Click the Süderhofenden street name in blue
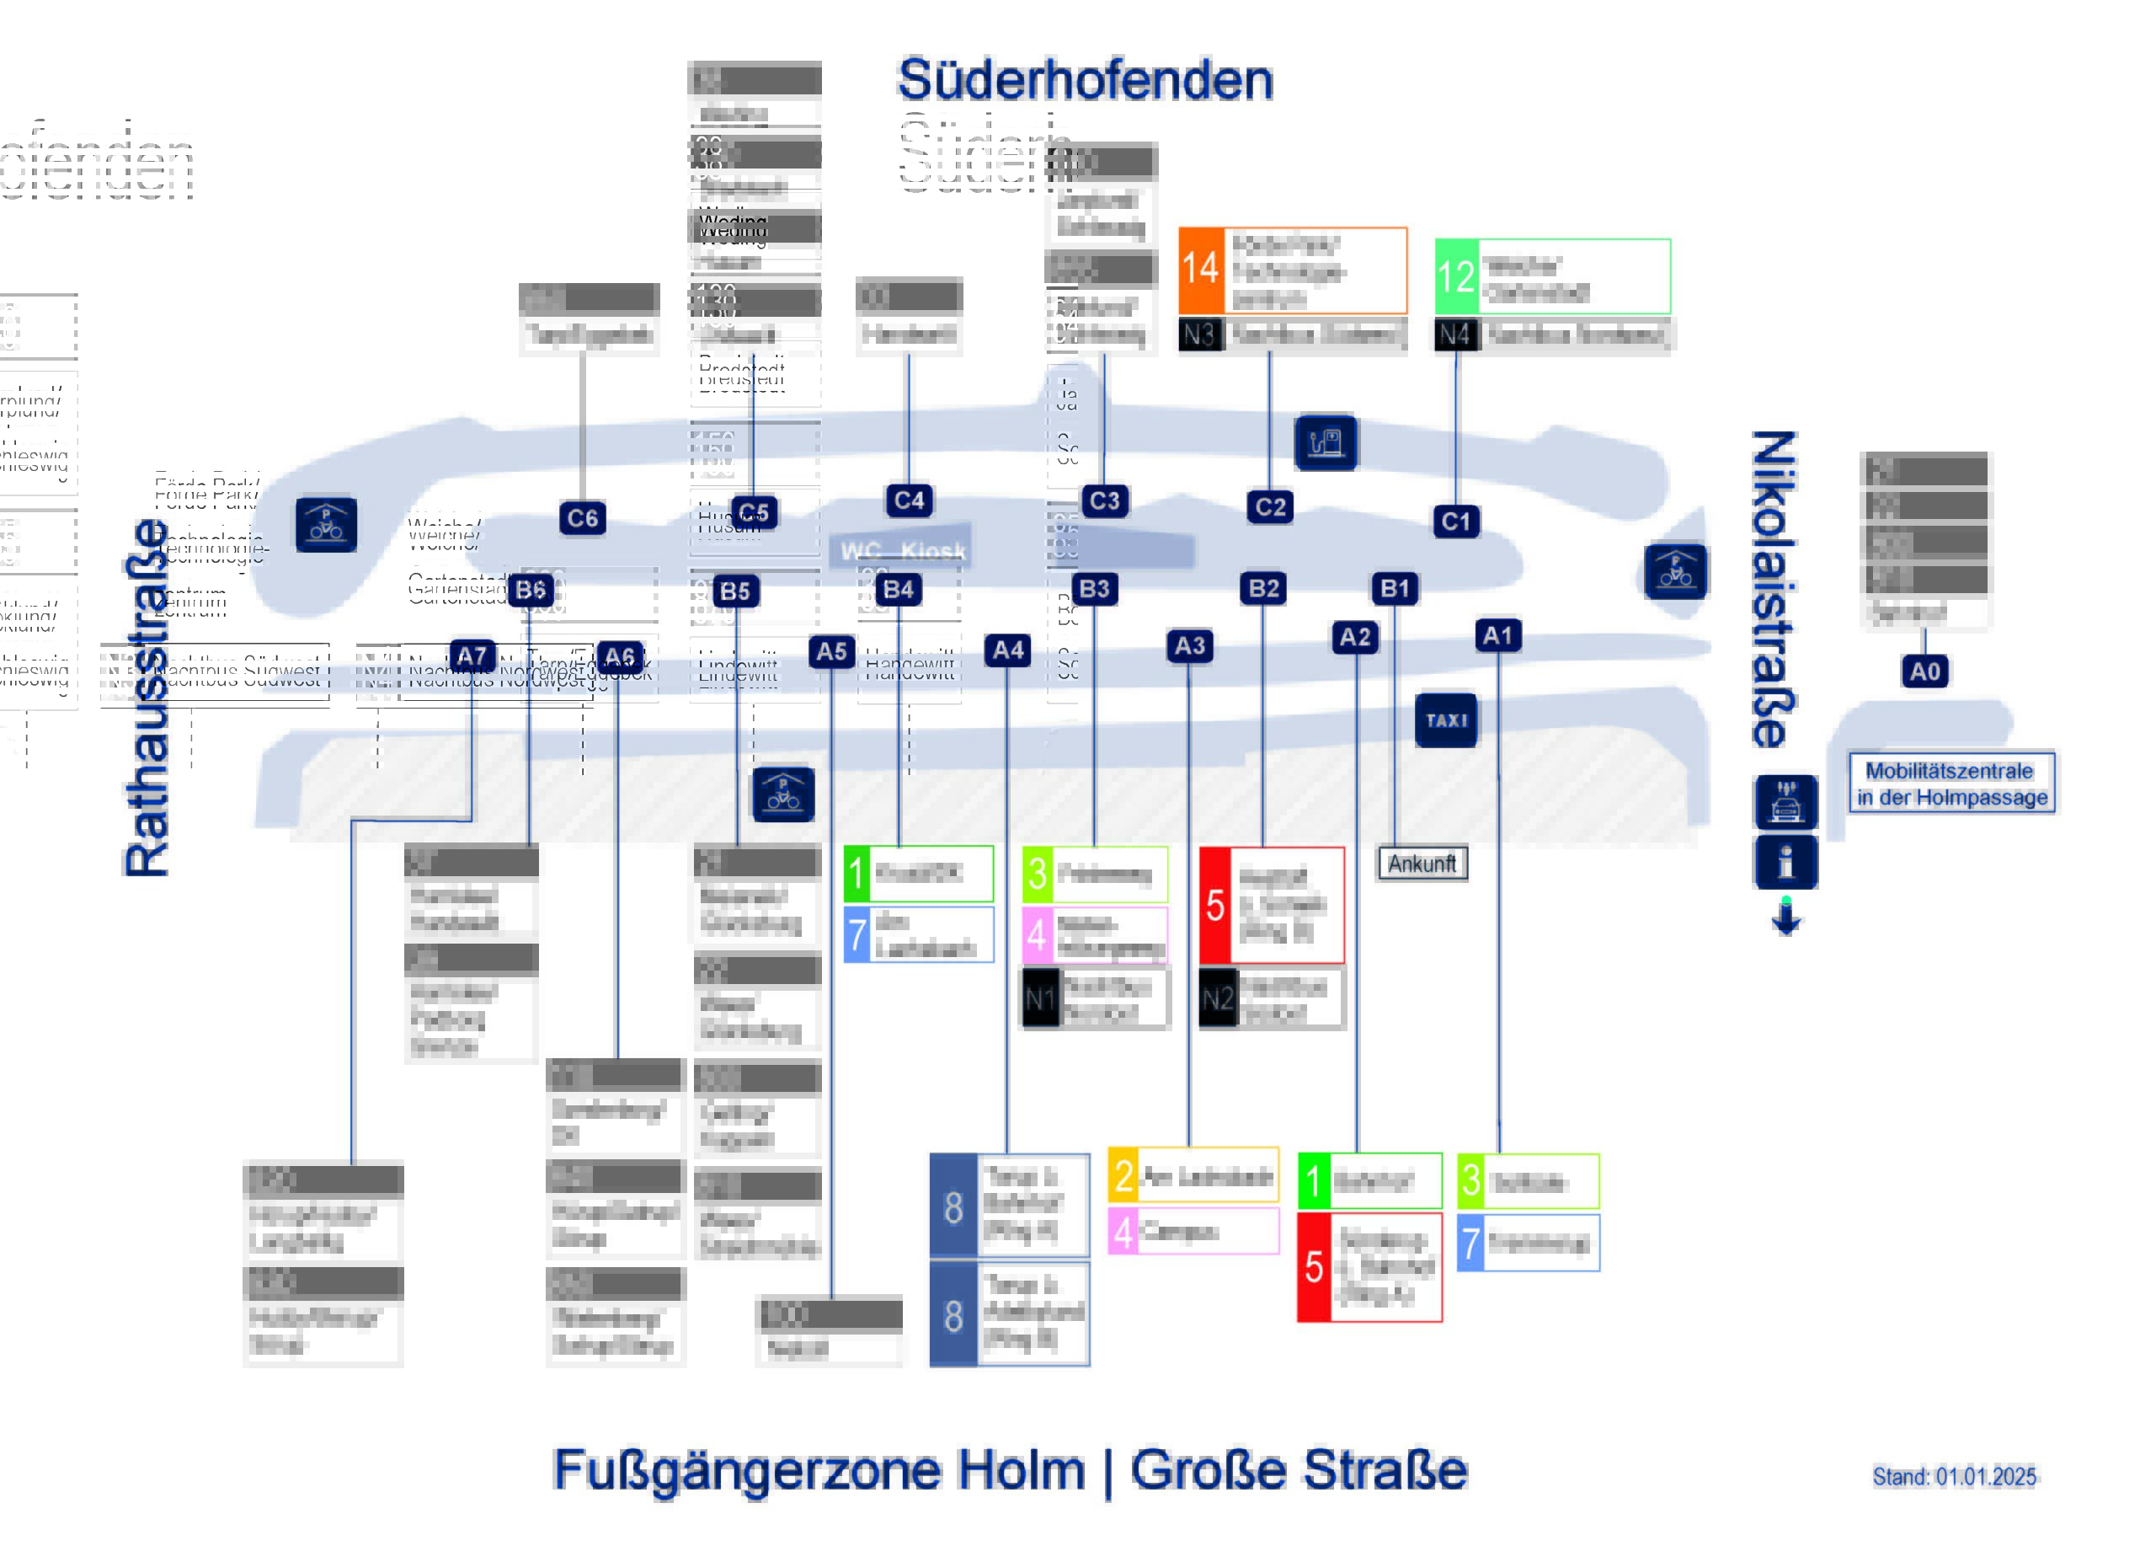tap(1085, 80)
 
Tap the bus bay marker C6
tap(582, 518)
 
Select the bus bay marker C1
tap(1454, 521)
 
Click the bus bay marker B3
tap(1094, 589)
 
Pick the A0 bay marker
tap(1924, 672)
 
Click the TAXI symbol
tap(1446, 720)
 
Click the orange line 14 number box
tap(1201, 270)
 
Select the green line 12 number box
tap(1456, 276)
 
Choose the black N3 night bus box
tap(1199, 334)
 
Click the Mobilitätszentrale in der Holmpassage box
tap(1951, 784)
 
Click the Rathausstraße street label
tap(147, 698)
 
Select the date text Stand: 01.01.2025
tap(1954, 1477)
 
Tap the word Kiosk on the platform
tap(932, 552)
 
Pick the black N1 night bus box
tap(1041, 998)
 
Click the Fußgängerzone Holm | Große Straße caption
tap(1010, 1470)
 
